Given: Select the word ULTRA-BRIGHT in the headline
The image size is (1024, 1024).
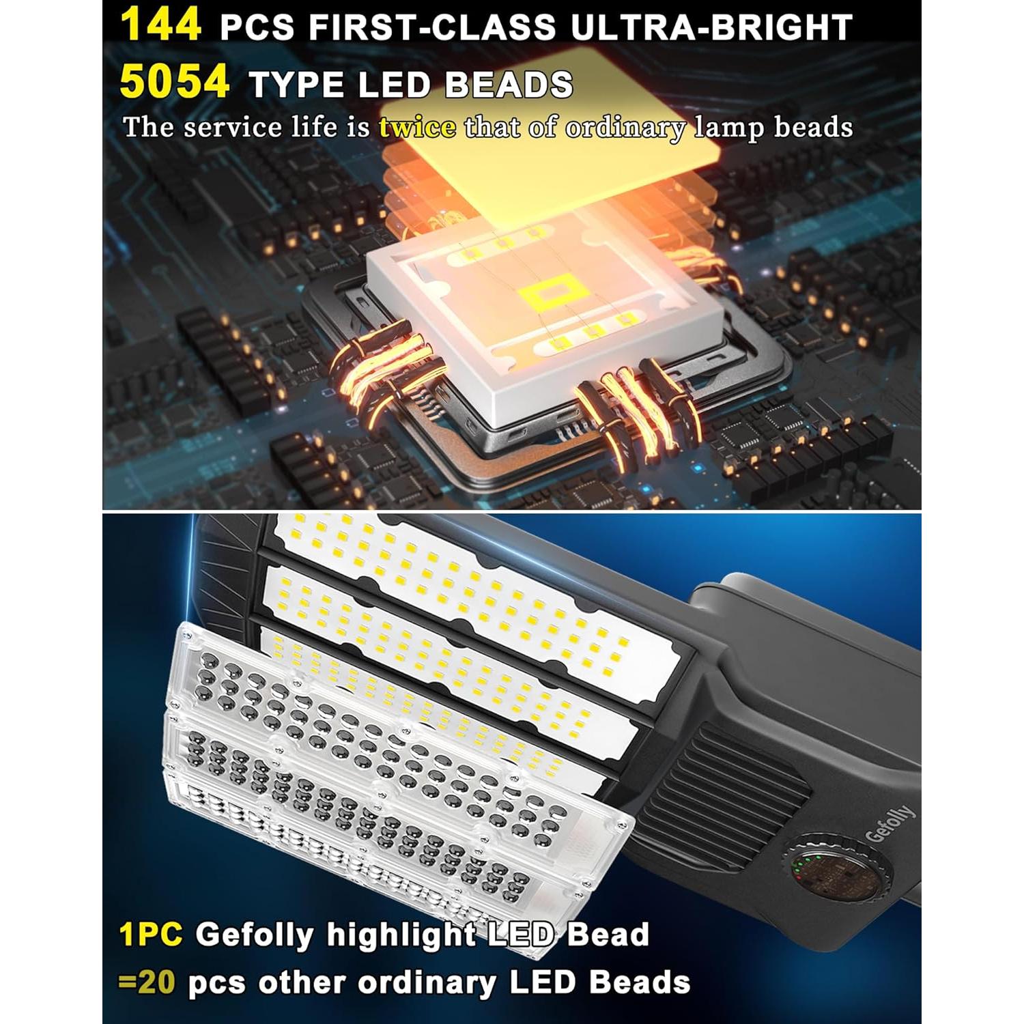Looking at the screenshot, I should [711, 27].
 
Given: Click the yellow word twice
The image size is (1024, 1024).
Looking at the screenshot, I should [417, 128].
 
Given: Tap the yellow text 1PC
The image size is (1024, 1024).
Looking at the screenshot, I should [151, 934].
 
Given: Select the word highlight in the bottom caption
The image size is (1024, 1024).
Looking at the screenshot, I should [401, 934].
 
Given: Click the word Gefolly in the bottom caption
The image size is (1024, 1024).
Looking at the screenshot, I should [255, 935].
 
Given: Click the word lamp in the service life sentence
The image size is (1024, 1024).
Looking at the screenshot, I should [729, 128].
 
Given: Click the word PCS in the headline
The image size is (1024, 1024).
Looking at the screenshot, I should [257, 27].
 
